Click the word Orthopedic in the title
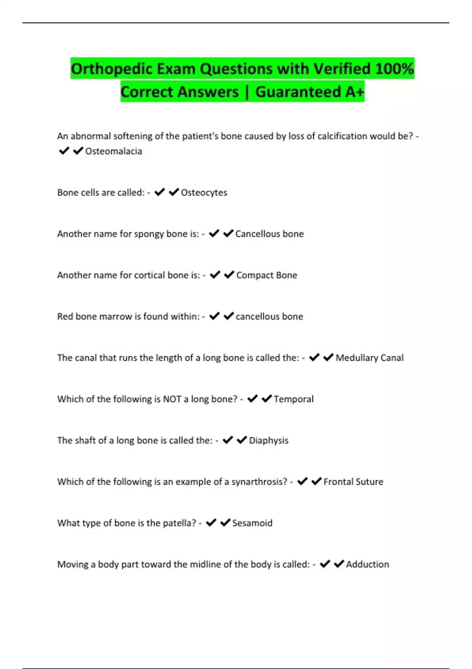coord(111,69)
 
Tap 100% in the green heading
coord(394,69)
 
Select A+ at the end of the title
coord(355,92)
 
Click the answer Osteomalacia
coord(113,151)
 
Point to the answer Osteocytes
coord(204,192)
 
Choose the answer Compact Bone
coord(266,275)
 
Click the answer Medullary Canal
coord(369,358)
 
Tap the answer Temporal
coord(293,399)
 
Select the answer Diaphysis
coord(268,440)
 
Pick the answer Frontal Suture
coord(353,482)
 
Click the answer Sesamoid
coord(252,523)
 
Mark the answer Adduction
coord(367,564)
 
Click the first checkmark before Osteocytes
coord(159,192)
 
